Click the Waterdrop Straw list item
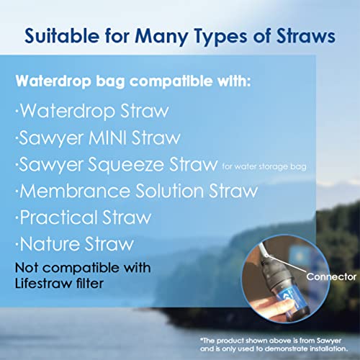click(x=91, y=112)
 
